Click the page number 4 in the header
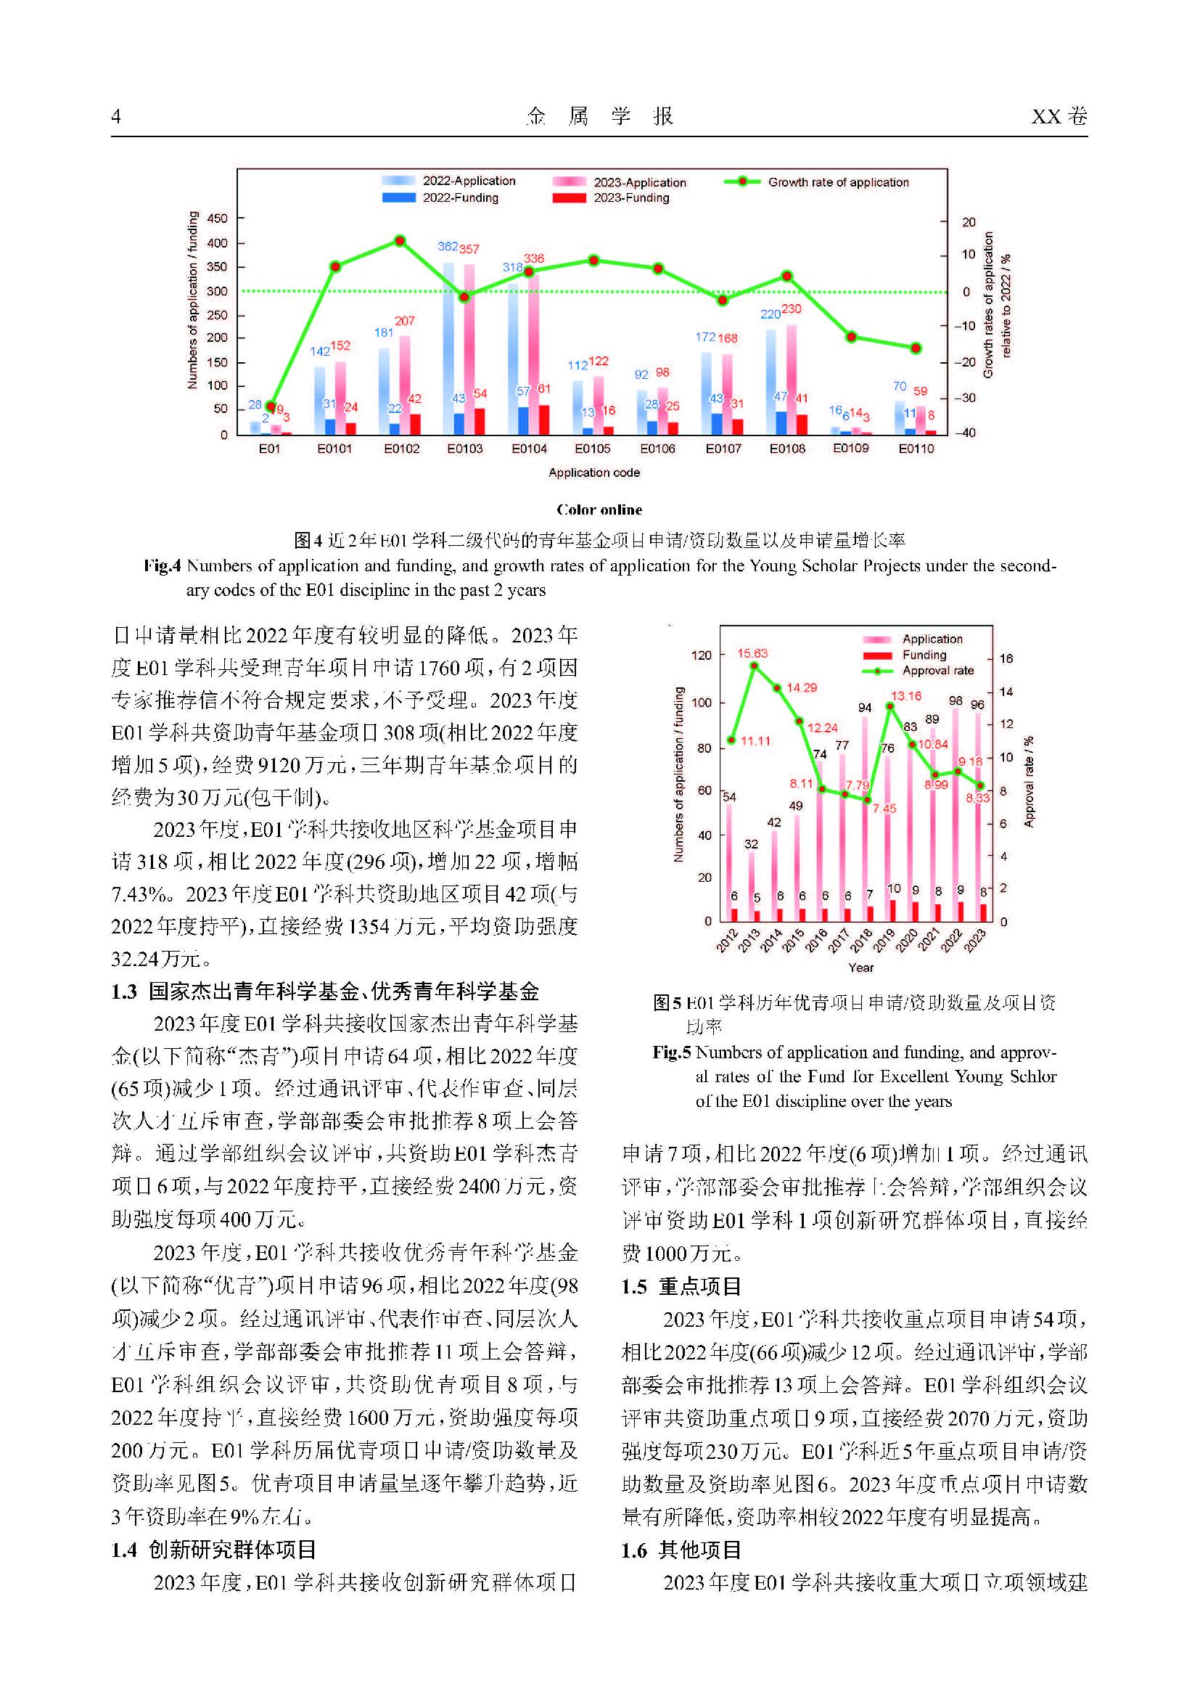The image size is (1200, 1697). (x=116, y=117)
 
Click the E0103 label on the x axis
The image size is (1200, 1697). (x=465, y=449)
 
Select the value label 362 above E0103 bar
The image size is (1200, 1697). (x=447, y=247)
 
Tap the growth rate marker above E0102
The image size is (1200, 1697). (x=400, y=241)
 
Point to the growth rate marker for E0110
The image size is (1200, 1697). (x=916, y=348)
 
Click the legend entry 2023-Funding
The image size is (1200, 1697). (x=631, y=198)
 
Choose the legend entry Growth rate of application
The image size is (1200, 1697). (x=838, y=183)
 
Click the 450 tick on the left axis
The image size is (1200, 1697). (x=217, y=218)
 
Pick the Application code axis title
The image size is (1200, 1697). (x=594, y=473)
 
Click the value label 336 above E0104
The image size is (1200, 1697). (x=533, y=258)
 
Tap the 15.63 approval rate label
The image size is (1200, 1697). (x=752, y=653)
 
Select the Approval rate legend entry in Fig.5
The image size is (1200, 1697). (x=937, y=671)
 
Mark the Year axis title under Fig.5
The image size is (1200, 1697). (x=861, y=968)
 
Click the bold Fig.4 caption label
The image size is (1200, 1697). (x=162, y=567)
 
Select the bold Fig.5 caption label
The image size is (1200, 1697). (x=671, y=1052)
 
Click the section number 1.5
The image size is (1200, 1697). (x=634, y=1287)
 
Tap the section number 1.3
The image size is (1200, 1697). (x=124, y=992)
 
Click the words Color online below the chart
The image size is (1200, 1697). (x=599, y=510)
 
